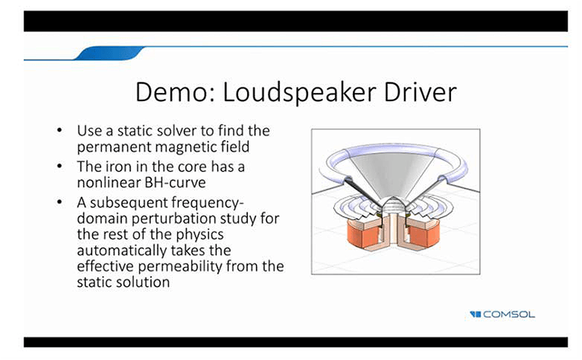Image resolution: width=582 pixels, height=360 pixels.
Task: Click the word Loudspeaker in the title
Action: click(300, 93)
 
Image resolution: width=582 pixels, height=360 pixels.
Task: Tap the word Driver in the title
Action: click(420, 92)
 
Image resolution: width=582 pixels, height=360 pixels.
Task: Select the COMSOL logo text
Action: click(509, 314)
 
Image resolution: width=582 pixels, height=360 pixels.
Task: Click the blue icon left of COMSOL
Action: click(475, 314)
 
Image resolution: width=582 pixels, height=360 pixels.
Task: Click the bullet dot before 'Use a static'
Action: click(59, 130)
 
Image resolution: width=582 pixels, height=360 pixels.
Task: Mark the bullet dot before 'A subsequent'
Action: click(59, 202)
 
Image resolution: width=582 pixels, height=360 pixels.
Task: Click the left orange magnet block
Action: click(362, 234)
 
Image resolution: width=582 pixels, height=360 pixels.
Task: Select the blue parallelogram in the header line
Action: click(110, 53)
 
